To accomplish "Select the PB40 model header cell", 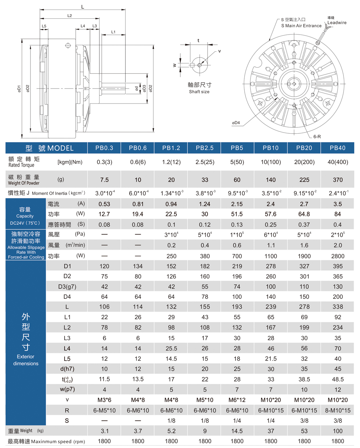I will tap(338, 148).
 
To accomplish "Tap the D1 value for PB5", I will tap(237, 265).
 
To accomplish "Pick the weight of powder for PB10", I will tap(270, 180).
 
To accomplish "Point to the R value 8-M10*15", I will tap(338, 410).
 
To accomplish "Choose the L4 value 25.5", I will tap(170, 348).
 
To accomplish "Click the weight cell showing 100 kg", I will tap(338, 430).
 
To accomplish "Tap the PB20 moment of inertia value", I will tap(304, 193).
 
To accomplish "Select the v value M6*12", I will tap(237, 400).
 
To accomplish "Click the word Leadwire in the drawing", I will tap(336, 22).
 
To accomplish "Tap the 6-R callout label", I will tap(318, 136).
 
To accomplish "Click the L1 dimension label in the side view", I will tap(114, 32).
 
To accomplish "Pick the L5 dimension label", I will tap(44, 26).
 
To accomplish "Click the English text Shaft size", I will tap(199, 91).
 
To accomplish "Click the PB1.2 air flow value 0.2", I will tap(170, 245).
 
